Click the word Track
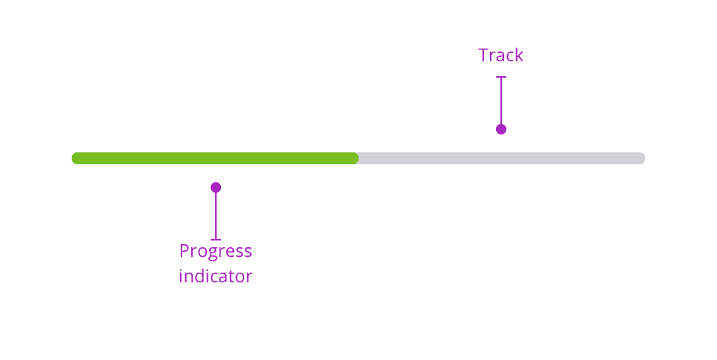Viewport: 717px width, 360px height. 500,55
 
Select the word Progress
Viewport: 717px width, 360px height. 215,252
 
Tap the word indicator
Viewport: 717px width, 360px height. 215,276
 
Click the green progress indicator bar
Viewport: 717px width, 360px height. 215,158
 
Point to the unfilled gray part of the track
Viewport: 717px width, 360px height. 502,158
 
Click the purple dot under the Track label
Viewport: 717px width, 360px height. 501,129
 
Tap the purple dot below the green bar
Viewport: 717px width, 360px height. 216,187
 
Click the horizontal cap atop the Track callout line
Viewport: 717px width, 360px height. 501,77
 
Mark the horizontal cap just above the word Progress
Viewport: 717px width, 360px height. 216,239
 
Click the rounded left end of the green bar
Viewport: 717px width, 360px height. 74,158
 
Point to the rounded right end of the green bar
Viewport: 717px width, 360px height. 356,158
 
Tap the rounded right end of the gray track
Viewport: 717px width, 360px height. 642,158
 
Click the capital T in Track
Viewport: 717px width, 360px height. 483,55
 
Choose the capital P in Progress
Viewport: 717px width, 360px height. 184,251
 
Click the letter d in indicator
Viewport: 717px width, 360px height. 201,276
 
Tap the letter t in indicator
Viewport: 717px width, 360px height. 234,277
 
